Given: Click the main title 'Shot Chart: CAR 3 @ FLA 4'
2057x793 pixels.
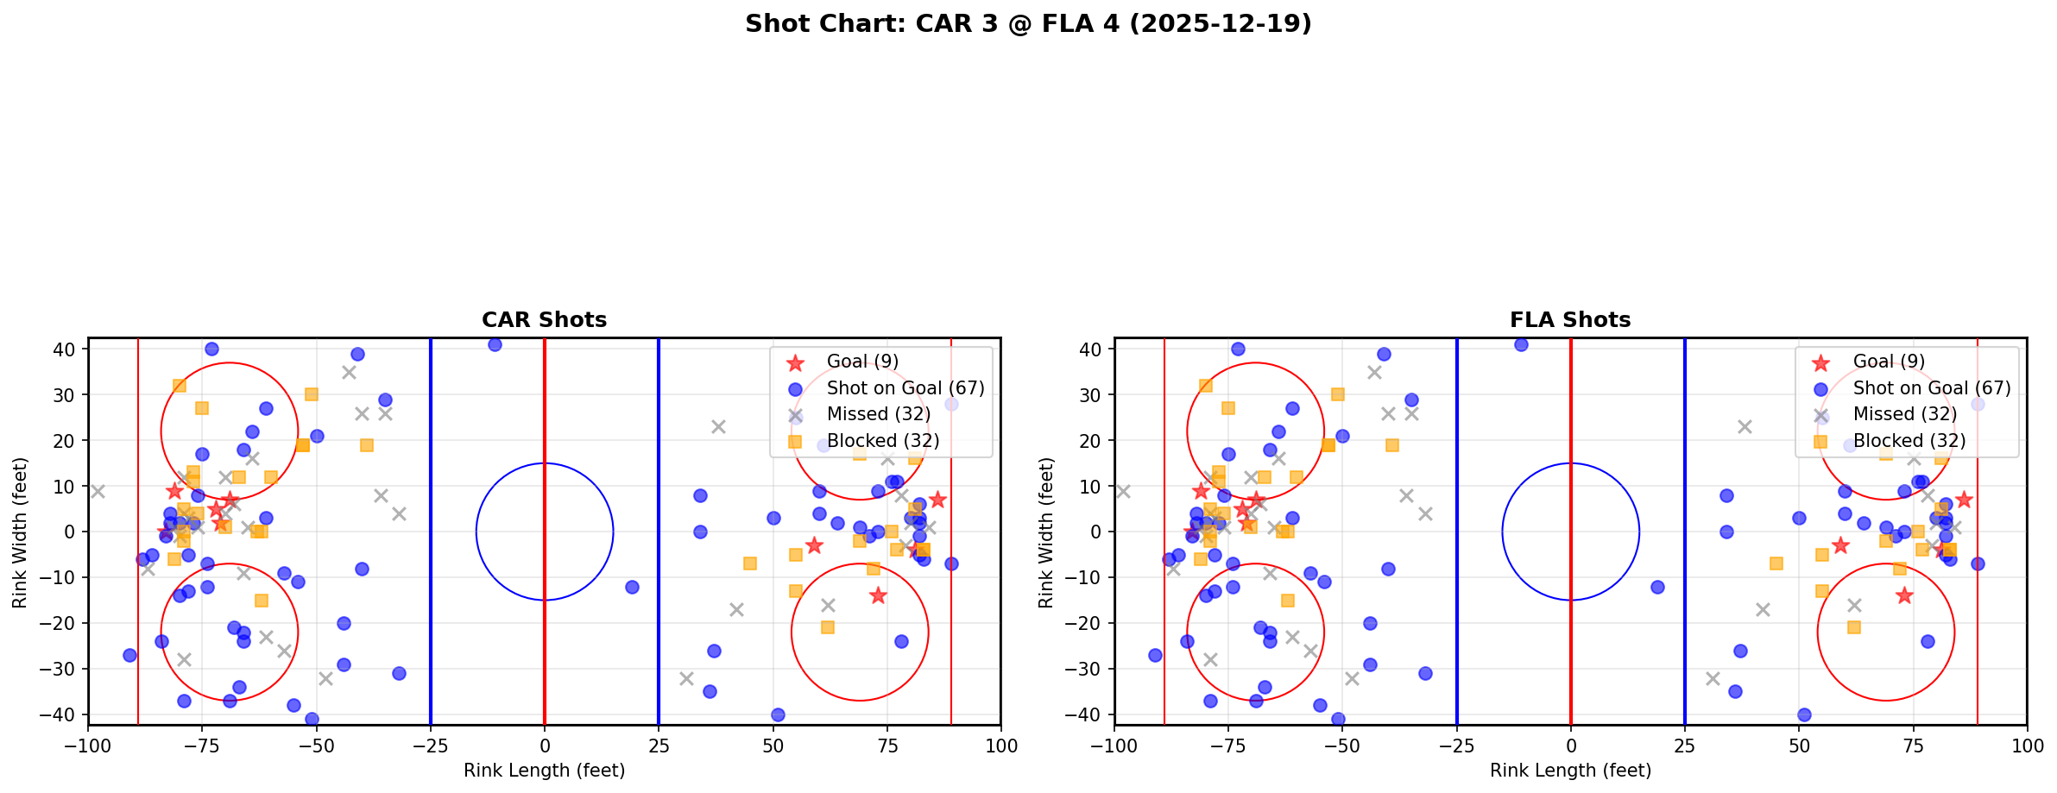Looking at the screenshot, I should pos(1028,24).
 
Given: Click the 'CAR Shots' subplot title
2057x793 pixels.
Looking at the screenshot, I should pos(544,320).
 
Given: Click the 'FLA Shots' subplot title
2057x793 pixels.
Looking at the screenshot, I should pos(1570,320).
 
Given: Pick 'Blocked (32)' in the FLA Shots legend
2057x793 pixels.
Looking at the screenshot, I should pos(1909,441).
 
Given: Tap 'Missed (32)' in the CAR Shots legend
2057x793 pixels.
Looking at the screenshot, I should pos(878,414).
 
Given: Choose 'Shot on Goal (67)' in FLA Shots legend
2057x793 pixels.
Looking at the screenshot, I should pos(1932,388).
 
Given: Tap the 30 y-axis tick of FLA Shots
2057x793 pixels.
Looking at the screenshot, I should pos(1094,395).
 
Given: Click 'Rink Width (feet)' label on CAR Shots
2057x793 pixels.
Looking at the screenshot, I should pos(20,532).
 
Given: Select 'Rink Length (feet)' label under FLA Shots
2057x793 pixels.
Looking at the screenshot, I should pos(1570,771).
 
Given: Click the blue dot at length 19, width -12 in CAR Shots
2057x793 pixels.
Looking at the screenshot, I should pos(632,587).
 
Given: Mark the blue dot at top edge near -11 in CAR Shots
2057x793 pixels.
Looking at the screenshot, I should pos(495,344).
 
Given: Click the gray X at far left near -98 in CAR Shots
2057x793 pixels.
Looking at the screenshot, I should pos(98,491).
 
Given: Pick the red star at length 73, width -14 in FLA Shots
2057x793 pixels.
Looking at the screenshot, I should pos(1904,595).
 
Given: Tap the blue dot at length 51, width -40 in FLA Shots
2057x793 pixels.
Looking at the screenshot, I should pos(1804,714).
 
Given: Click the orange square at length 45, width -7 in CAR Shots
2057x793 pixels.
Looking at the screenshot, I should pos(750,563).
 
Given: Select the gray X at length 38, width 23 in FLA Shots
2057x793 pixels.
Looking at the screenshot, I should pos(1745,426).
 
